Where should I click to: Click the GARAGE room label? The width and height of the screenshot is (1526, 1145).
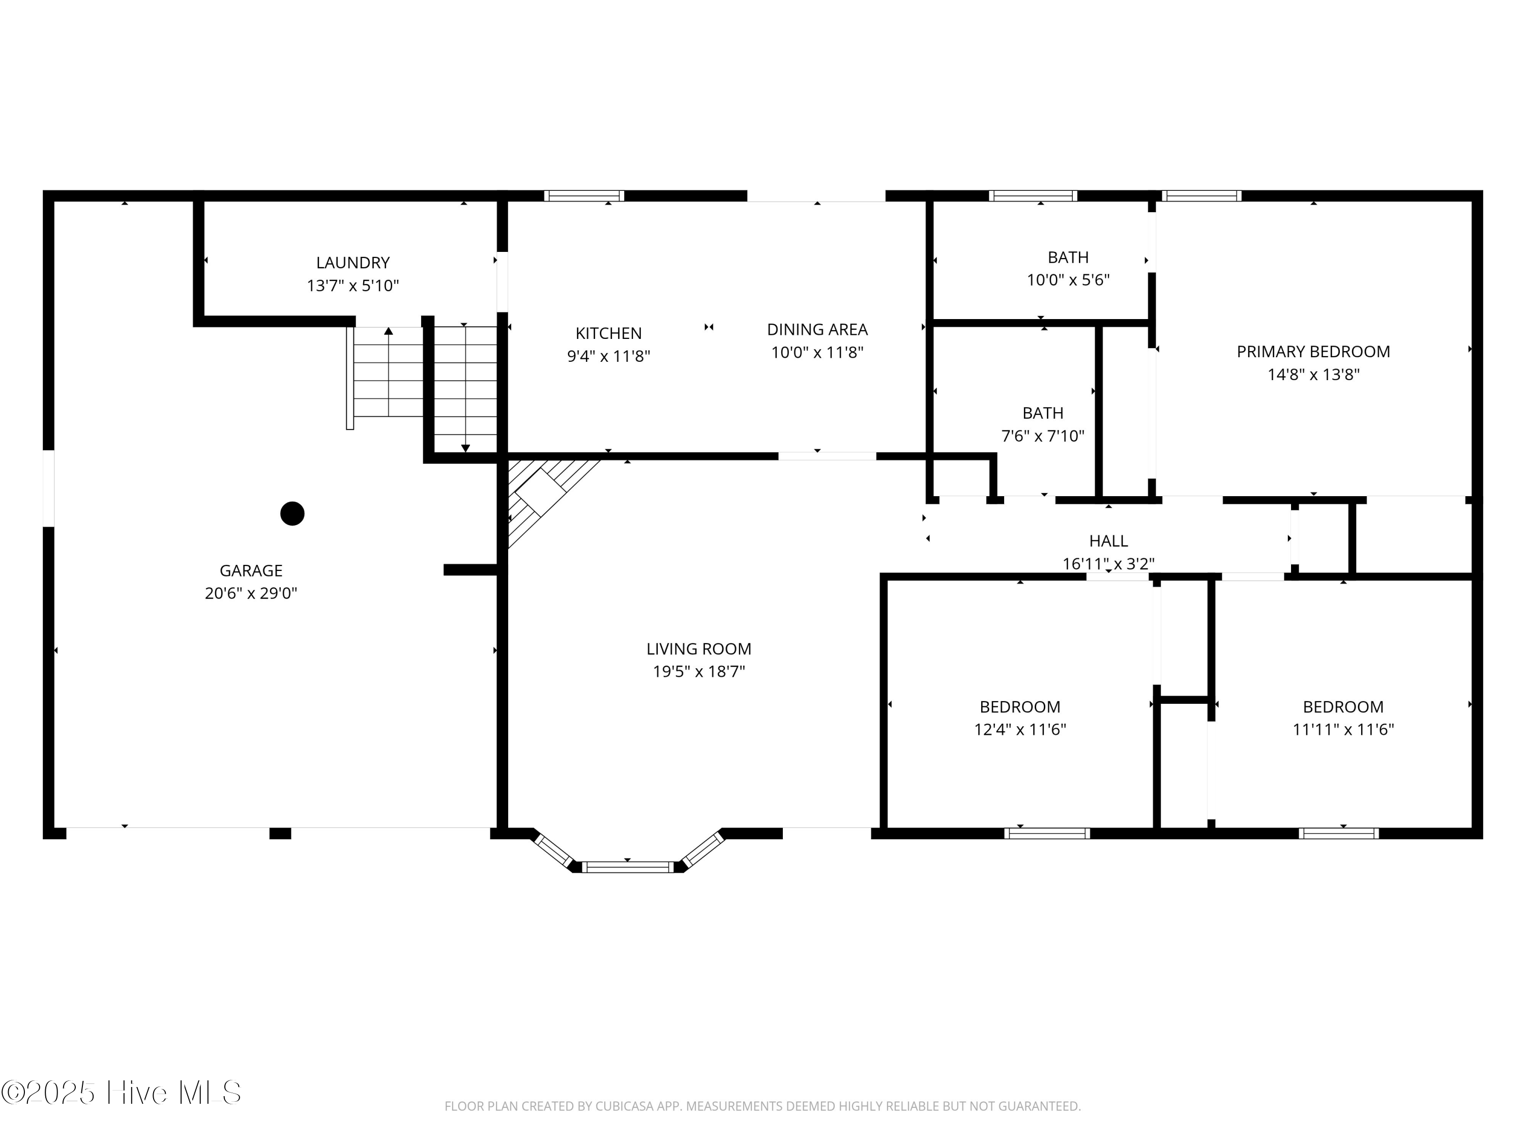(251, 571)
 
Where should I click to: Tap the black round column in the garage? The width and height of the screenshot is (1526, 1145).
(292, 513)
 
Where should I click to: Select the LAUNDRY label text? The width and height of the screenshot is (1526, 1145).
(353, 263)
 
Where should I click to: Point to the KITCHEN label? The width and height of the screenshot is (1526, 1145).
(608, 333)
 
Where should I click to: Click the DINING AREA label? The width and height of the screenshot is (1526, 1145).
(817, 330)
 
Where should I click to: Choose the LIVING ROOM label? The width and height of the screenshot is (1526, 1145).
(699, 649)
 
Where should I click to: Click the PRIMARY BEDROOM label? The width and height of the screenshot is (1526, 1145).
(1313, 352)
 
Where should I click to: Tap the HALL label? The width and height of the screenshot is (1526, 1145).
(1108, 541)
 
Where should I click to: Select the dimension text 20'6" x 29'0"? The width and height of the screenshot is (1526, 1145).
(251, 593)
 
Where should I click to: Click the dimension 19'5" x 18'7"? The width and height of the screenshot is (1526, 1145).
(699, 672)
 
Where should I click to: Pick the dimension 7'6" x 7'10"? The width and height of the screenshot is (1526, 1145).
(1043, 436)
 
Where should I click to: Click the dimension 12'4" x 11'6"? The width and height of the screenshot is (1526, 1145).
(1020, 730)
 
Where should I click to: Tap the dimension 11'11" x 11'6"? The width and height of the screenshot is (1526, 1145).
(1343, 730)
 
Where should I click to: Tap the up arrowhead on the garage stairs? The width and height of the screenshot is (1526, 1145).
(389, 331)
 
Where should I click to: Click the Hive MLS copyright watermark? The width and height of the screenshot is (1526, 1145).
(122, 1093)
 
